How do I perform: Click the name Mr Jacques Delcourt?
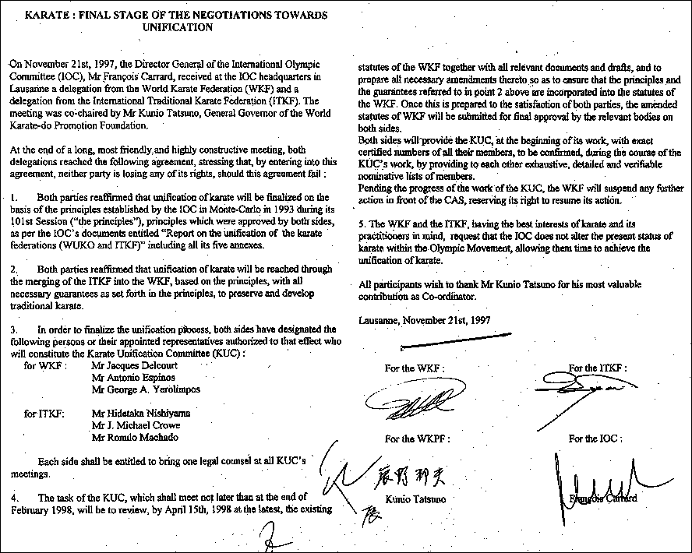tap(130, 365)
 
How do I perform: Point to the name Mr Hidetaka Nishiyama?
tap(134, 413)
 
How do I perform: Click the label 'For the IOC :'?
tap(595, 439)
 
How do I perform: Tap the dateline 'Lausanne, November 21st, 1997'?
tap(425, 319)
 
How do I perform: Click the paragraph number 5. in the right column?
tap(363, 225)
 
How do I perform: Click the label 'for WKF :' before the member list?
tap(46, 365)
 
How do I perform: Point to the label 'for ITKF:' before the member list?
tap(44, 413)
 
